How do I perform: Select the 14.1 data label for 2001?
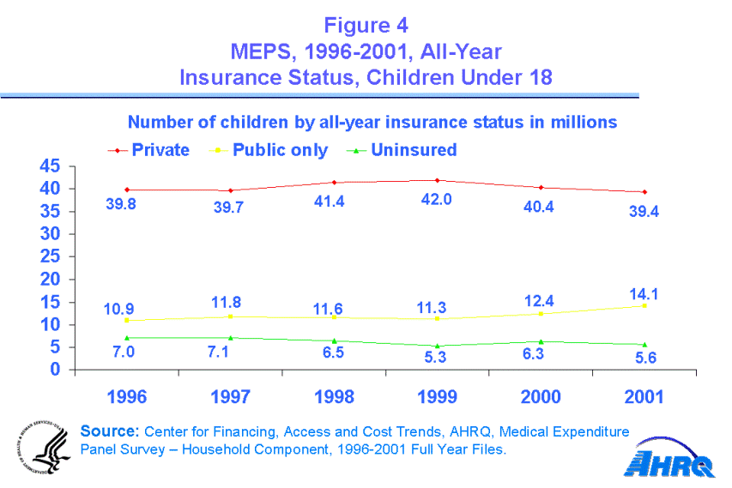pos(643,293)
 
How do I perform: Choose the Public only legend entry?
pos(280,150)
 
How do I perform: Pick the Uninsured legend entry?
pos(413,150)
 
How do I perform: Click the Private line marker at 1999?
pos(437,180)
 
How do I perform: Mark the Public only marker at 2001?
pos(644,305)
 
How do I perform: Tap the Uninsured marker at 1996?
pos(126,338)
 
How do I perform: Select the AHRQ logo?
pos(668,464)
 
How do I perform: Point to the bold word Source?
pos(109,431)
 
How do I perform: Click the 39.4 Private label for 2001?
pos(644,211)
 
